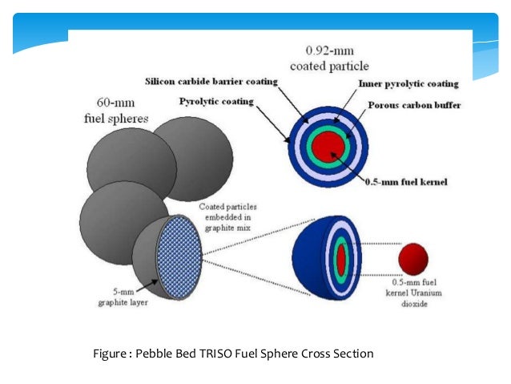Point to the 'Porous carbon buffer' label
[x=416, y=105]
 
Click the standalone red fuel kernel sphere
[x=414, y=259]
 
